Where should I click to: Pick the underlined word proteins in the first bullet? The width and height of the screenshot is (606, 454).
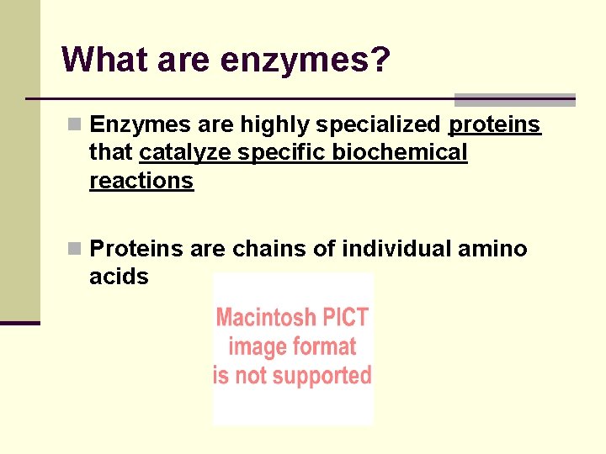495,125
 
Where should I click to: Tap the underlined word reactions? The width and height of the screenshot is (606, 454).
141,181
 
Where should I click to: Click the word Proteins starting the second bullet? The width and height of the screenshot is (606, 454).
136,249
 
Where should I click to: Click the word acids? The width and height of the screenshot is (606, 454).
119,277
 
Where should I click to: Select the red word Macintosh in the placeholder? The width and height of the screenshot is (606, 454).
264,318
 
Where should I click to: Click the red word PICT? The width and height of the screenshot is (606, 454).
343,318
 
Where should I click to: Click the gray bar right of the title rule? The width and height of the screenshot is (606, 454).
514,100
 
